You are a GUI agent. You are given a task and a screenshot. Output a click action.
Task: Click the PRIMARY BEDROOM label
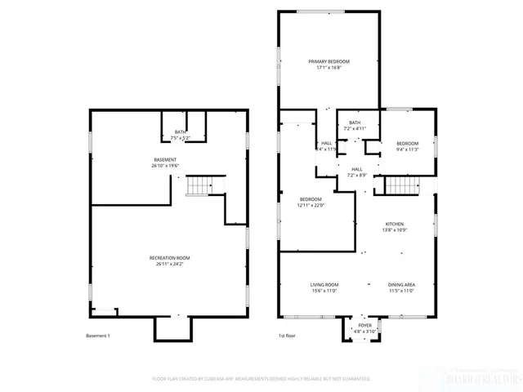click(329, 62)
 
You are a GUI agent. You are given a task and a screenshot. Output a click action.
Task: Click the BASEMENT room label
click(165, 159)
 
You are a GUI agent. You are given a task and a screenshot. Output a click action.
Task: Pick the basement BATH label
click(181, 131)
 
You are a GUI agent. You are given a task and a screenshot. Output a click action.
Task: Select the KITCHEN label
click(395, 224)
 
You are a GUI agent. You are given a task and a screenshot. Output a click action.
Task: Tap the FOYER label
click(364, 324)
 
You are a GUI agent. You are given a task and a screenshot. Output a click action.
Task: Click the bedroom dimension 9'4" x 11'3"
click(407, 149)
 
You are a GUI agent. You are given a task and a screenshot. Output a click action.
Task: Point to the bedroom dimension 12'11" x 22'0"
click(311, 206)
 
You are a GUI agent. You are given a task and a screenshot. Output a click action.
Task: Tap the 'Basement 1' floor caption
click(98, 336)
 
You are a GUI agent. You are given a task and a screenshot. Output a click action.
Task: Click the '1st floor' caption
click(288, 336)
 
